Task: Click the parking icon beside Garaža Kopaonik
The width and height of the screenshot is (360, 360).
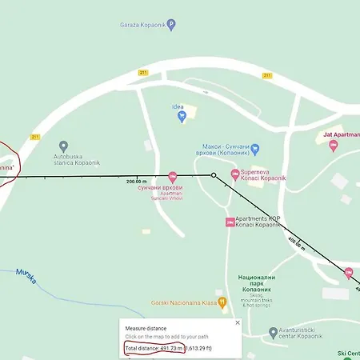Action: pyautogui.click(x=171, y=25)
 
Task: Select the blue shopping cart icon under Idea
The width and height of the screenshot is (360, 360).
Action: pyautogui.click(x=182, y=118)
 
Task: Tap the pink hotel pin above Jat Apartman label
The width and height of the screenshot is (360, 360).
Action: pyautogui.click(x=333, y=145)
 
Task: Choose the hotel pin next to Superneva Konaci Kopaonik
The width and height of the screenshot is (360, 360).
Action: pyautogui.click(x=234, y=174)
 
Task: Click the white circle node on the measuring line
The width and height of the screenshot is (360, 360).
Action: pyautogui.click(x=214, y=175)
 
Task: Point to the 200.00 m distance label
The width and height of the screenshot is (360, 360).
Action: pyautogui.click(x=138, y=181)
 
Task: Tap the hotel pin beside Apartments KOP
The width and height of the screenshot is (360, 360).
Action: pyautogui.click(x=230, y=222)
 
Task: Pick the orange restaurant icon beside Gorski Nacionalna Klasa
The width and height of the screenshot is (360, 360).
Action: pyautogui.click(x=223, y=303)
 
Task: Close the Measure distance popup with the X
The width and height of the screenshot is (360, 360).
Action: pyautogui.click(x=238, y=322)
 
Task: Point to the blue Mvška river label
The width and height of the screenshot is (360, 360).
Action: pyautogui.click(x=26, y=274)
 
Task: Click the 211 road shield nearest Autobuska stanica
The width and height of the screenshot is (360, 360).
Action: pyautogui.click(x=34, y=137)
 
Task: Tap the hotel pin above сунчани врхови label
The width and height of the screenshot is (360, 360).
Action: pyautogui.click(x=173, y=175)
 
